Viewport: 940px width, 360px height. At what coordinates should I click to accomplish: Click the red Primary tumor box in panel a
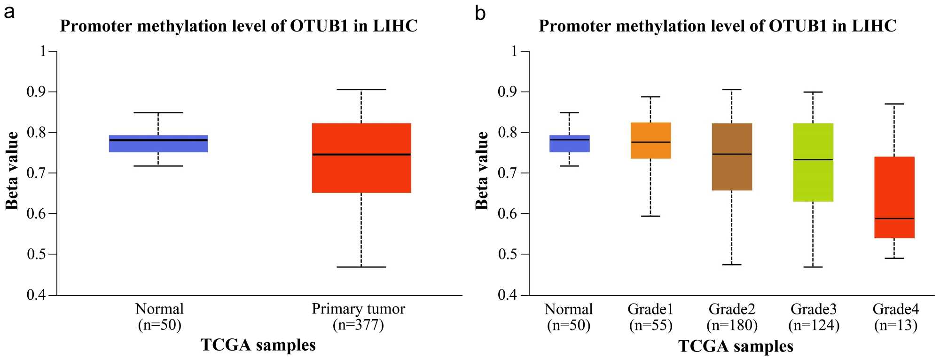click(x=361, y=174)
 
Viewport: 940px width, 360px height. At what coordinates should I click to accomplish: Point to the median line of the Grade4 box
click(x=894, y=219)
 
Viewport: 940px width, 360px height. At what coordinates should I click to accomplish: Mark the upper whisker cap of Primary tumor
click(x=361, y=89)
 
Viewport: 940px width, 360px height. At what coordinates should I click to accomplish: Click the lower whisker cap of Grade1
click(x=650, y=216)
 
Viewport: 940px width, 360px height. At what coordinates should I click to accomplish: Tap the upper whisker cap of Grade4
click(x=894, y=104)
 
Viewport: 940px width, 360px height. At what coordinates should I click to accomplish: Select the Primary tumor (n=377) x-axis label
click(x=358, y=317)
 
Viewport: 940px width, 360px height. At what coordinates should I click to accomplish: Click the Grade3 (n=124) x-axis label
click(x=814, y=317)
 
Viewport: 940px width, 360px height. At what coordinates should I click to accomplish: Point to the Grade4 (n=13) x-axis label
click(x=895, y=317)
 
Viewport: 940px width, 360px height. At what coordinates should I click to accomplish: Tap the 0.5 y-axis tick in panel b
click(x=508, y=254)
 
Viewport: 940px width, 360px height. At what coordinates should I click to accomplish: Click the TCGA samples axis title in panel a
click(x=258, y=345)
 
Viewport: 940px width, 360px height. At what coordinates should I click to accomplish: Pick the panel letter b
click(x=480, y=13)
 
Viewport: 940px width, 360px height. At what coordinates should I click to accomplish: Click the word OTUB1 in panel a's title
click(x=319, y=26)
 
